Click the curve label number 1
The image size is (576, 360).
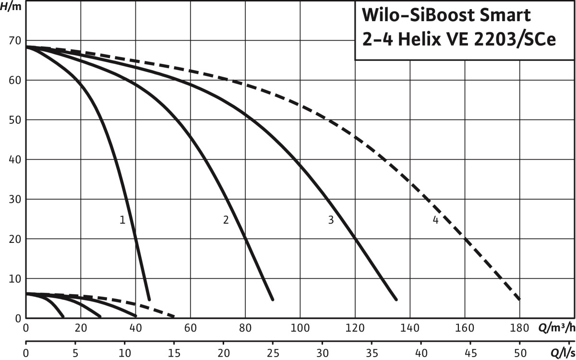pos(122,220)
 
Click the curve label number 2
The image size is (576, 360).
pos(226,220)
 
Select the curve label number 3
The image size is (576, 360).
pos(331,220)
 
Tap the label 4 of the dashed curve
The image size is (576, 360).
pos(435,220)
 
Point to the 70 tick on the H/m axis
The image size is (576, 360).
pos(14,41)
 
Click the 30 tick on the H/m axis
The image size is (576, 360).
pos(14,199)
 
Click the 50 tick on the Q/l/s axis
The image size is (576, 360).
pos(519,353)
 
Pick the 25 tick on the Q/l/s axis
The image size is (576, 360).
pos(273,353)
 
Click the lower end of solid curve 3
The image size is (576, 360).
pos(396,299)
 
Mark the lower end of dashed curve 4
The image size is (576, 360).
pos(519,299)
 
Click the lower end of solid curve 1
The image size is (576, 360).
pos(149,299)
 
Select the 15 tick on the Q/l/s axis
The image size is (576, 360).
pos(174,353)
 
